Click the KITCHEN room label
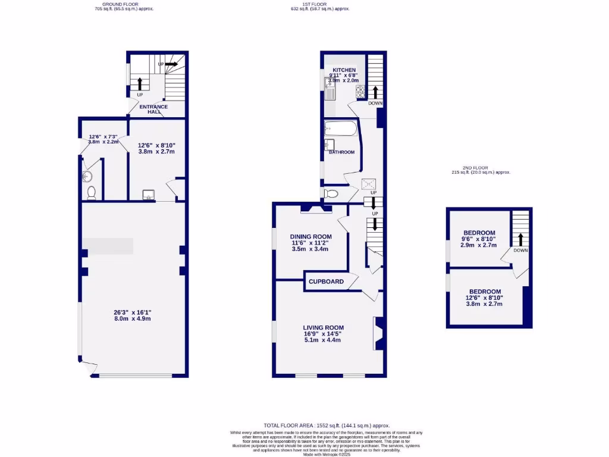[x=344, y=70]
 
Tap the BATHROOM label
[x=341, y=152]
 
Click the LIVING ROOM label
[x=323, y=328]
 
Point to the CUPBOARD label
[x=326, y=281]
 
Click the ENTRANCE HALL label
[x=153, y=109]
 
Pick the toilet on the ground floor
[x=91, y=192]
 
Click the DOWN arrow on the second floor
[x=521, y=240]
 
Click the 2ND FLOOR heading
[x=481, y=168]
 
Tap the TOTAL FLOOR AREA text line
[x=310, y=425]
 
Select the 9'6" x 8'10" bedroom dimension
[x=479, y=239]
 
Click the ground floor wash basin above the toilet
[x=88, y=176]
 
